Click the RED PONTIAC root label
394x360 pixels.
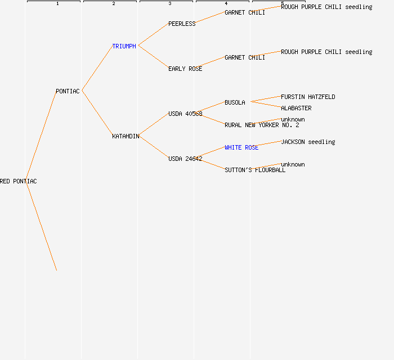coord(19,181)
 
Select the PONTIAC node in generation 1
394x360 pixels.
coord(68,91)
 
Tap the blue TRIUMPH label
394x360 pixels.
coord(124,46)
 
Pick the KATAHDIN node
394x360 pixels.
coord(126,136)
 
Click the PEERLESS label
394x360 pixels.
coord(182,24)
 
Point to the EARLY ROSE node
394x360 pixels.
coord(185,69)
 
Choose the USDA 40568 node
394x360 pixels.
coord(185,114)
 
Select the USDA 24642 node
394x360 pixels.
coord(185,159)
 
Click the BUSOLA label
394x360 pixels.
coord(235,102)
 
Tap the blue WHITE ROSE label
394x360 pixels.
coord(241,147)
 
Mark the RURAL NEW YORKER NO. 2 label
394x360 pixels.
coord(262,125)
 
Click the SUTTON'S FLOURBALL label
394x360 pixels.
coord(255,170)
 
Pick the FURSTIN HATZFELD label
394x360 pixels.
coord(308,97)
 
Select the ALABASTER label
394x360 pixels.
coord(296,108)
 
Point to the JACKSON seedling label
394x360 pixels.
coord(308,142)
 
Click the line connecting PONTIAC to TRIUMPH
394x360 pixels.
coord(97,68)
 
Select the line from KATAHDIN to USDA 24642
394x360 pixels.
coord(154,147)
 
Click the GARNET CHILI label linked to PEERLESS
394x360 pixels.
coord(245,12)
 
